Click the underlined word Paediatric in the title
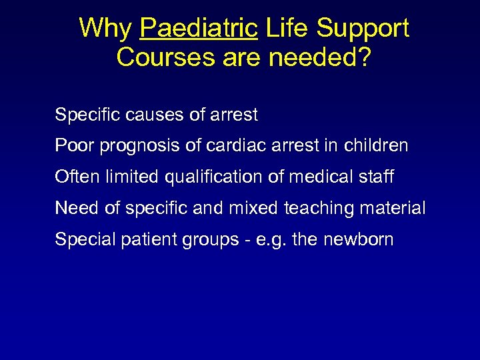coord(199,29)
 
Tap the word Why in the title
coord(105,29)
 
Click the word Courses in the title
coord(158,57)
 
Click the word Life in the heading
coord(287,29)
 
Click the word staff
coord(375,177)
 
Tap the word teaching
coord(317,209)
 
